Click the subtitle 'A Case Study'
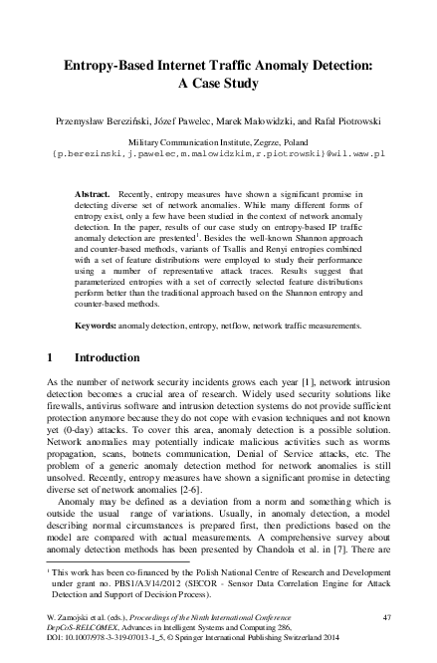(x=218, y=85)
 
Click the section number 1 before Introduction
(x=51, y=357)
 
